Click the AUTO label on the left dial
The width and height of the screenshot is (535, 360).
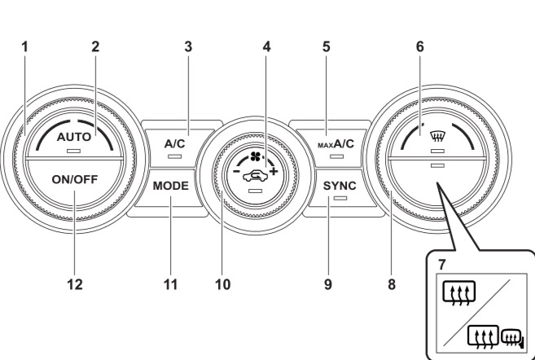pyautogui.click(x=74, y=137)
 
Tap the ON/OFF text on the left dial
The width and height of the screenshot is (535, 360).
pyautogui.click(x=75, y=179)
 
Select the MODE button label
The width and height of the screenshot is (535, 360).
pyautogui.click(x=171, y=186)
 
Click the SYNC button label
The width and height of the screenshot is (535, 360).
pyautogui.click(x=340, y=186)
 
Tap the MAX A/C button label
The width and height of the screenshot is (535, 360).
pyautogui.click(x=336, y=144)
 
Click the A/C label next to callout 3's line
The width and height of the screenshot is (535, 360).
pyautogui.click(x=175, y=144)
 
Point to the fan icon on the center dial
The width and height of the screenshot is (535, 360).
pyautogui.click(x=255, y=157)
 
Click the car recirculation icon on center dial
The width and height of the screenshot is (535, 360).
pyautogui.click(x=255, y=177)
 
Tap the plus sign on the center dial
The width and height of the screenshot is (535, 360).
pyautogui.click(x=274, y=171)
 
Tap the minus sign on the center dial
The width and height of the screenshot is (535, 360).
pyautogui.click(x=236, y=170)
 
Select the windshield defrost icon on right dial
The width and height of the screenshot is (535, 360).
pyautogui.click(x=437, y=138)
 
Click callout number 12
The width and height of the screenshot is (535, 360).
pyautogui.click(x=75, y=284)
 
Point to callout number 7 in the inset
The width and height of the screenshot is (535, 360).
pyautogui.click(x=442, y=265)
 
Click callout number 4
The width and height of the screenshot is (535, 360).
pyautogui.click(x=267, y=46)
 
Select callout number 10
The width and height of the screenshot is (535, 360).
pyautogui.click(x=223, y=284)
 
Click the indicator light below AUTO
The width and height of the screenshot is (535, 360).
pyautogui.click(x=74, y=151)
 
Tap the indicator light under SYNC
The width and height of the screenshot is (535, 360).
pyautogui.click(x=340, y=198)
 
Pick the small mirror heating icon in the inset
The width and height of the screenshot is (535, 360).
pyautogui.click(x=512, y=338)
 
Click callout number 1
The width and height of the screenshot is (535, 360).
pyautogui.click(x=24, y=46)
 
